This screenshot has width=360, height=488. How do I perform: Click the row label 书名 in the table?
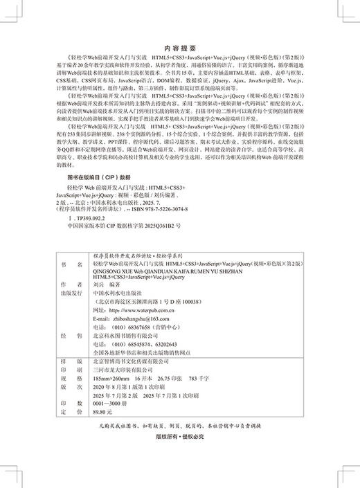66,265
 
